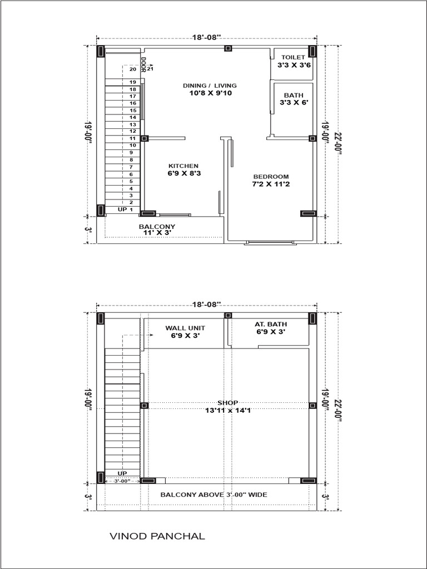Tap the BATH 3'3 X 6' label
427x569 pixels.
coord(294,99)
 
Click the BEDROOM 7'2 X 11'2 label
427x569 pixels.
coord(271,181)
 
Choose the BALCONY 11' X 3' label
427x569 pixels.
coord(157,229)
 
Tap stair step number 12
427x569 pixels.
coord(133,131)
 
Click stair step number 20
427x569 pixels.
coord(132,69)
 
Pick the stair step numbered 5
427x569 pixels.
coord(131,181)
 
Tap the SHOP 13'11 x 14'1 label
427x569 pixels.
coord(227,406)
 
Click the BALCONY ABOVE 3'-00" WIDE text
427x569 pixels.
coord(214,495)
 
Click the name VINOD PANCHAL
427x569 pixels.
coord(157,536)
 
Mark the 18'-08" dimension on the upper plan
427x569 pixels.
coord(207,37)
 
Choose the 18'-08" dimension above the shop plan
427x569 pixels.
coord(207,304)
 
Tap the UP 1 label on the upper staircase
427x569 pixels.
coord(126,209)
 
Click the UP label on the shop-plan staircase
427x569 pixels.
coord(122,473)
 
